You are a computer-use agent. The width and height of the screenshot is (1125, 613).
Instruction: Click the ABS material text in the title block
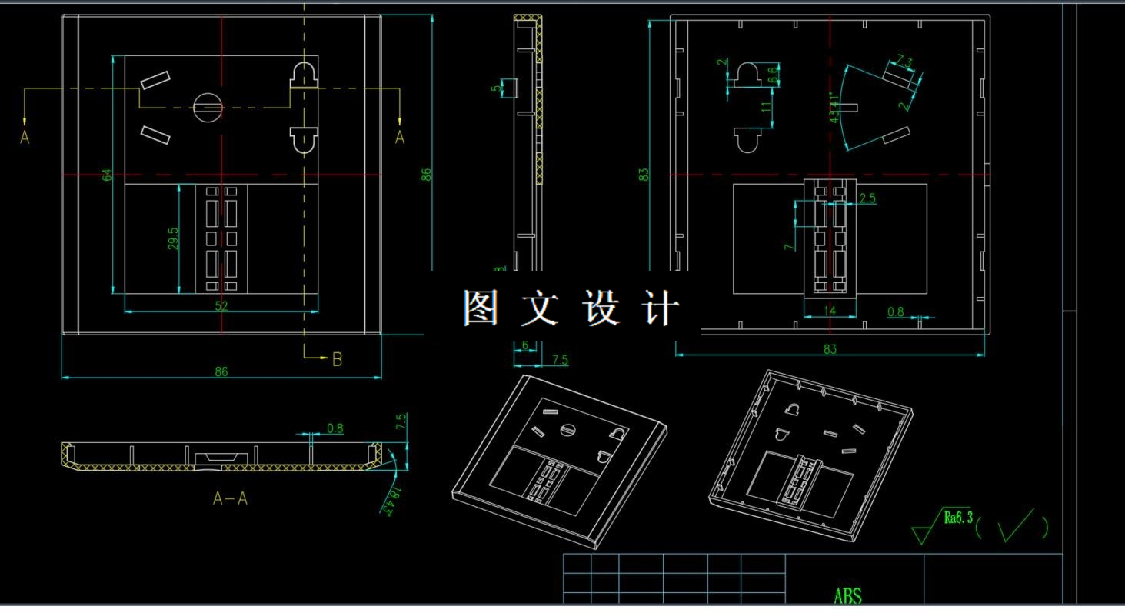(x=847, y=595)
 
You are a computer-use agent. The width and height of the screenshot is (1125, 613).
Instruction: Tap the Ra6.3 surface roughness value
(x=958, y=518)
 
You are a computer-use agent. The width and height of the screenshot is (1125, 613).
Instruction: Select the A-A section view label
(x=230, y=498)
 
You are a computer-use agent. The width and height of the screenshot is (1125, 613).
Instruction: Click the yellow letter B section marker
(x=337, y=359)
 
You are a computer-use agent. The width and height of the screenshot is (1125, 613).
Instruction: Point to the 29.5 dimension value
(x=174, y=238)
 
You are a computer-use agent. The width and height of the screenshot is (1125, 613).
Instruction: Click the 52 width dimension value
(x=221, y=305)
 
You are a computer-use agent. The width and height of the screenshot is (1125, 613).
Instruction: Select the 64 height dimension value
(x=108, y=175)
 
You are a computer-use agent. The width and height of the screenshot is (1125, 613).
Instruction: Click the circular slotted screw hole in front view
(x=208, y=106)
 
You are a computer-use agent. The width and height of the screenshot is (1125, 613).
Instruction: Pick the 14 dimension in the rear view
(x=829, y=311)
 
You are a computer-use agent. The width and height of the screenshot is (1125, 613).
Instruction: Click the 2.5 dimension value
(x=867, y=198)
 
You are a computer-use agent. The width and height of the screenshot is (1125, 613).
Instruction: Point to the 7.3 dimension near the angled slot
(x=904, y=62)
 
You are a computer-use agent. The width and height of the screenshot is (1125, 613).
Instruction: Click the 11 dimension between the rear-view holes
(x=766, y=107)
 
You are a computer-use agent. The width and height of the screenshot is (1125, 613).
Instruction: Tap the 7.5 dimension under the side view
(x=560, y=360)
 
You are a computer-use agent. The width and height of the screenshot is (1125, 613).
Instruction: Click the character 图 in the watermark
(x=481, y=308)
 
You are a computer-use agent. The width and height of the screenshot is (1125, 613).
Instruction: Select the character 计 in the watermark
(x=661, y=308)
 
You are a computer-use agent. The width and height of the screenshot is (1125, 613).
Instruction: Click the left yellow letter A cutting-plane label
(x=25, y=138)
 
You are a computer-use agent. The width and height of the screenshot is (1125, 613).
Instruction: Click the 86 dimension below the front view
(x=221, y=372)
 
